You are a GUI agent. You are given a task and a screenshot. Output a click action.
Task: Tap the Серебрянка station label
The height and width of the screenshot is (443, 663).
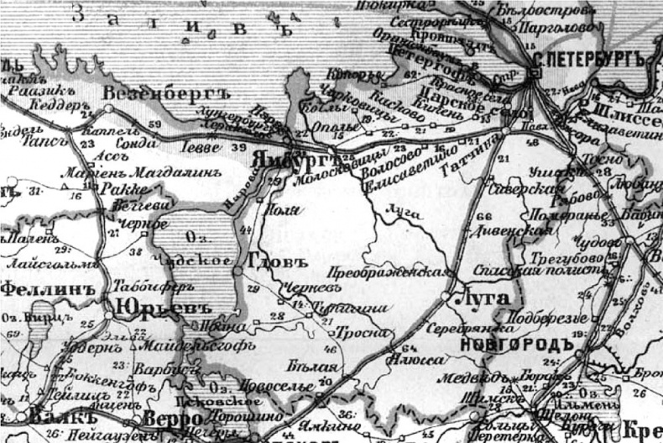click(457, 329)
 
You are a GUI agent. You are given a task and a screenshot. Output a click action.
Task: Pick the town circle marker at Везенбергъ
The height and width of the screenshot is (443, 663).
click(109, 109)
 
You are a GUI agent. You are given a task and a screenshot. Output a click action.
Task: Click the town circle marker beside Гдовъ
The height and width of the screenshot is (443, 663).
click(238, 271)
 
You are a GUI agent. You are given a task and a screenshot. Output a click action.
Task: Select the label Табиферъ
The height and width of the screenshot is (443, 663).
click(148, 284)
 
